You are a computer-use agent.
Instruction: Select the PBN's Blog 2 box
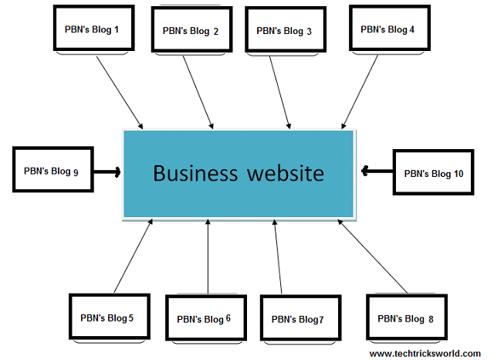click(190, 31)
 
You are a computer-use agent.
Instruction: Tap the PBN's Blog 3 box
click(284, 31)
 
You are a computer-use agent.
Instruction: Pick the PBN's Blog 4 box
click(387, 29)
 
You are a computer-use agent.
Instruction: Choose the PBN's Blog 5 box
click(107, 317)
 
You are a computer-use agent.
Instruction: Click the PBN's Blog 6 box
click(203, 318)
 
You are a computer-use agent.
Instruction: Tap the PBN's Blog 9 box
click(52, 171)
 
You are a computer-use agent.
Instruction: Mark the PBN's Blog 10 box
click(433, 173)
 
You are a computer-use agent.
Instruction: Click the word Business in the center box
click(195, 172)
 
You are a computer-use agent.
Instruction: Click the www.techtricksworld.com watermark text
click(425, 353)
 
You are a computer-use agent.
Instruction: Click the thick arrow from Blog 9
click(107, 172)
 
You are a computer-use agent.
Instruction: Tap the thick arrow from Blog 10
click(377, 171)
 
